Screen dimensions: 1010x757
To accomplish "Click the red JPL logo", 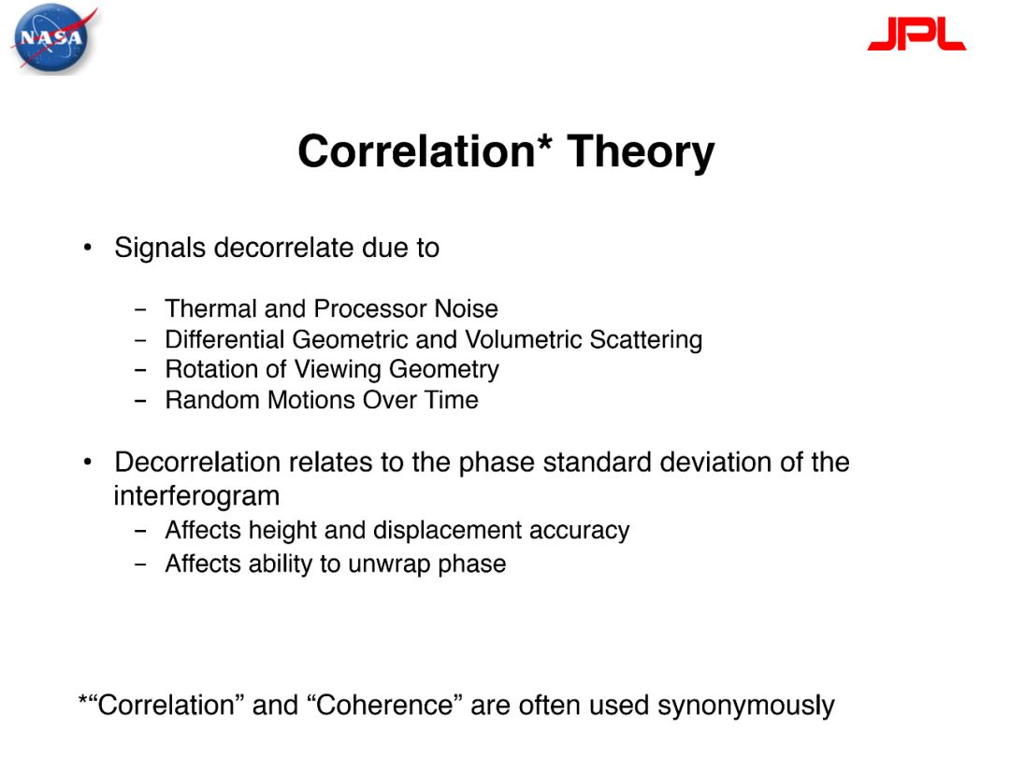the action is pyautogui.click(x=916, y=34).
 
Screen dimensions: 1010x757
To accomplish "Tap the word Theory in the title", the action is pyautogui.click(x=641, y=152).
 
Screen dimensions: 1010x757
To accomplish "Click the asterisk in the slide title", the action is pyautogui.click(x=543, y=142).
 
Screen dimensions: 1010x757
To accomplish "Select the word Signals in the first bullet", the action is pyautogui.click(x=160, y=248).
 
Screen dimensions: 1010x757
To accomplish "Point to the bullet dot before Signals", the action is pyautogui.click(x=88, y=248).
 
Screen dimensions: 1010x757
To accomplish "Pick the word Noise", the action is pyautogui.click(x=467, y=308).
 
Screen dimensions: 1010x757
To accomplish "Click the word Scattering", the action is pyautogui.click(x=645, y=340).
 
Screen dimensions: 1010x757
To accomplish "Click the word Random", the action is pyautogui.click(x=212, y=400).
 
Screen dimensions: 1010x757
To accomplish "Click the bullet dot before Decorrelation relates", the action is pyautogui.click(x=88, y=462).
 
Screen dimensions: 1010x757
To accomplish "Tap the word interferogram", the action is pyautogui.click(x=197, y=496).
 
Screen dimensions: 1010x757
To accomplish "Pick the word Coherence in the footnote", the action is pyautogui.click(x=385, y=705).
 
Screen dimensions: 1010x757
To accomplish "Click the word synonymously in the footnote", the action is pyautogui.click(x=746, y=707).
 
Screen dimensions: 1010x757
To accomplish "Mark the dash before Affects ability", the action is pyautogui.click(x=140, y=564).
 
